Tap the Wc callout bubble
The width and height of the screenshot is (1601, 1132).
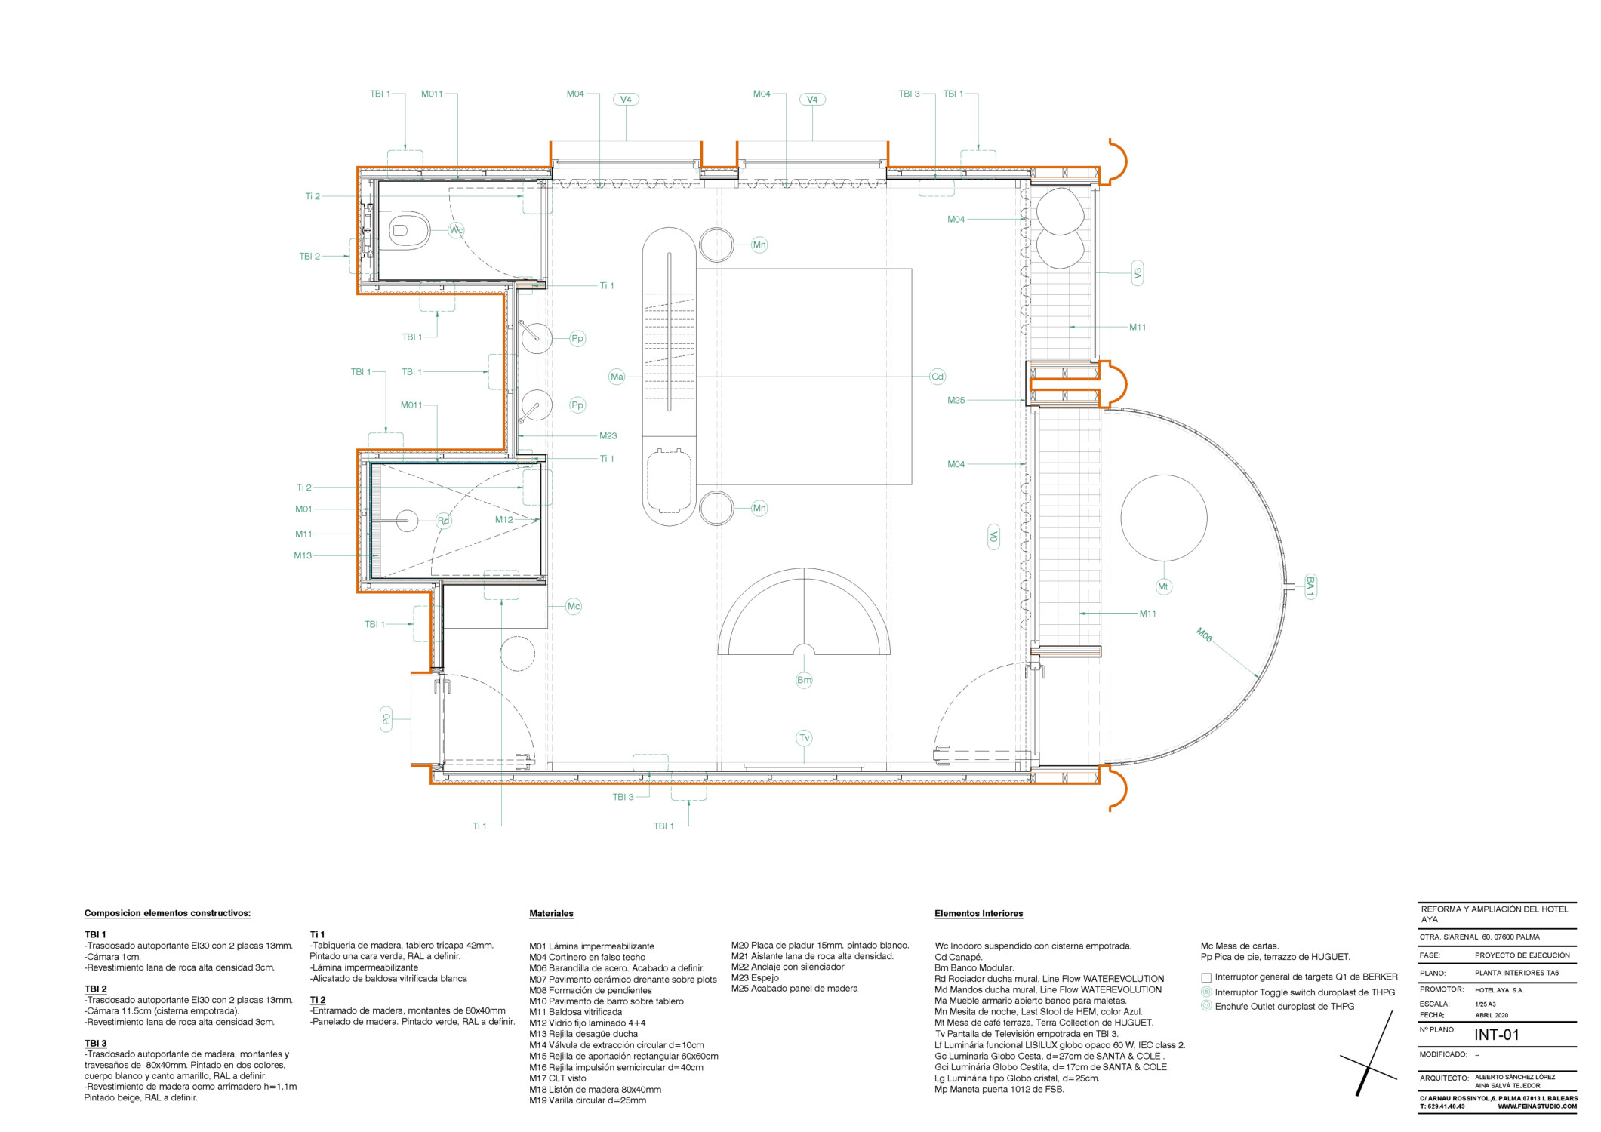pos(456,230)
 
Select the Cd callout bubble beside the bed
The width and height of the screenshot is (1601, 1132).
pos(937,377)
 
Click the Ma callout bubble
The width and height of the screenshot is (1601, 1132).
pos(617,377)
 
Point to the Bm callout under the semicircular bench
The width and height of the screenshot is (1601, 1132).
pos(804,680)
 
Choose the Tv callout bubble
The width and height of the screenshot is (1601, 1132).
pos(804,738)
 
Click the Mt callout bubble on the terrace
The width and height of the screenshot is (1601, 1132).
pos(1162,586)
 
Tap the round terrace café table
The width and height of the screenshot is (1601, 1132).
pos(1163,518)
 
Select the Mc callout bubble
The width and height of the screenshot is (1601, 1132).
pos(574,606)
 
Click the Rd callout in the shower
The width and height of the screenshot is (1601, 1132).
pos(444,521)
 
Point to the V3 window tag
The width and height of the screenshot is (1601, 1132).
pos(1138,272)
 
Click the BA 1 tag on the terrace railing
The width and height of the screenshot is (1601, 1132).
pos(1310,586)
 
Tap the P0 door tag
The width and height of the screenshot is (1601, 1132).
pos(386,719)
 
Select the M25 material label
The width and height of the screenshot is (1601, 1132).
pos(956,401)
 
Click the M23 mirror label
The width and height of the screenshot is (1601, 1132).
pos(608,436)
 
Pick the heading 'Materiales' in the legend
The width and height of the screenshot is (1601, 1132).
pos(551,913)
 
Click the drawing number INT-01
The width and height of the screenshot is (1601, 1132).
pos(1496,1035)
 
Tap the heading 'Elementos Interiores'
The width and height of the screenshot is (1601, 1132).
pos(978,913)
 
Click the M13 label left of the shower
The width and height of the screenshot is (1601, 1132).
pos(303,555)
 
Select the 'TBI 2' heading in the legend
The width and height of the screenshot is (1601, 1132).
pos(96,989)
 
